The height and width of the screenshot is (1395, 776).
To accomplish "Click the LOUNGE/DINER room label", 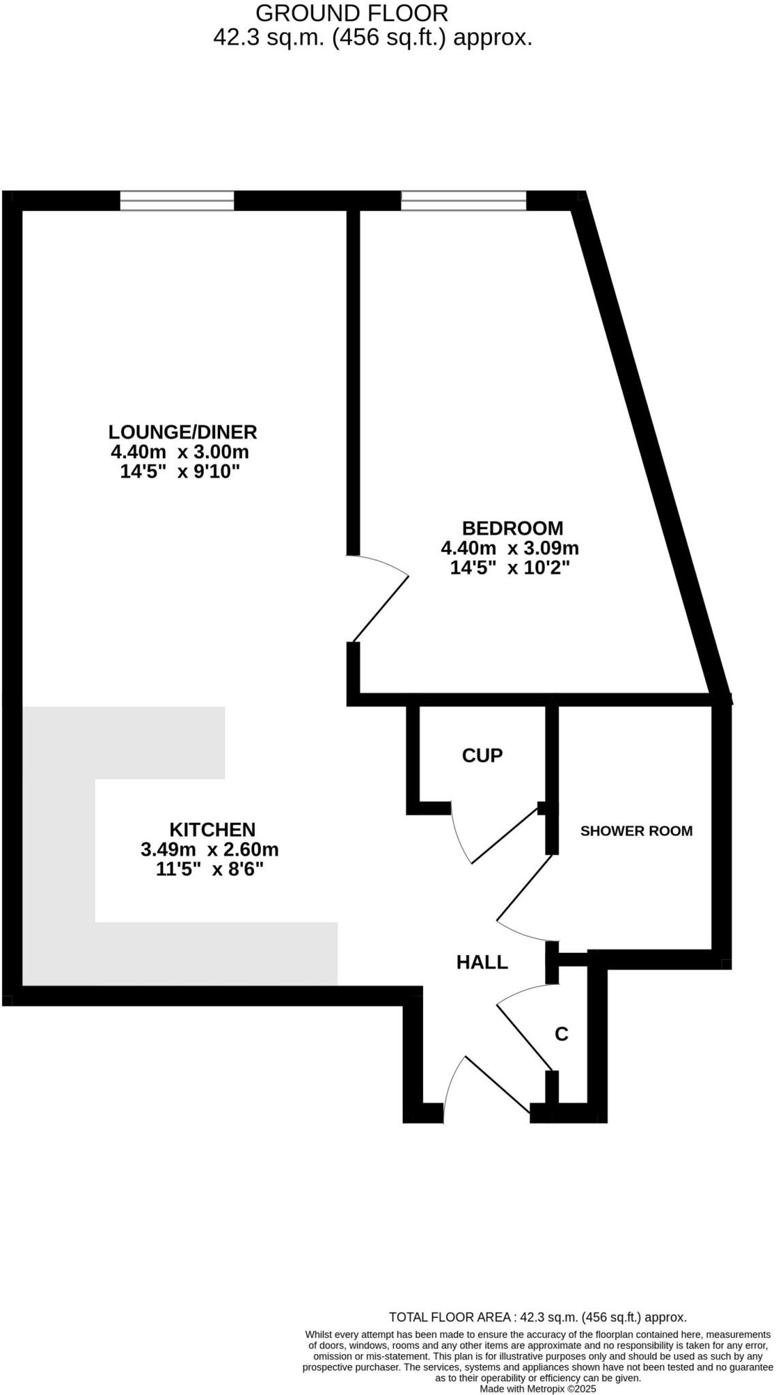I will point(183,432).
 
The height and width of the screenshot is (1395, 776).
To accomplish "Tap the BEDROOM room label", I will point(512,528).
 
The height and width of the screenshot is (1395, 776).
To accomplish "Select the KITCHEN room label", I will point(212,830).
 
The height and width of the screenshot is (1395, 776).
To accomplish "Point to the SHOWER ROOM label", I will point(636,831).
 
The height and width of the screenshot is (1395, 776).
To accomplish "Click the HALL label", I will point(482,962).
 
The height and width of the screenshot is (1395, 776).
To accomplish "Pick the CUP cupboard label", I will point(482,755).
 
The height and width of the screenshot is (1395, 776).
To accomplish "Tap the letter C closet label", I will point(561,1034).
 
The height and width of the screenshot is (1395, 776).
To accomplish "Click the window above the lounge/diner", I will point(177,201).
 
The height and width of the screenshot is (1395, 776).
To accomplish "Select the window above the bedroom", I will point(463,201).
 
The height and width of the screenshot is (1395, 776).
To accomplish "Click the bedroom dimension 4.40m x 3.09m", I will point(510,548).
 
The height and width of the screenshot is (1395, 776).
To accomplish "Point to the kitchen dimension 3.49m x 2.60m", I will point(209,849).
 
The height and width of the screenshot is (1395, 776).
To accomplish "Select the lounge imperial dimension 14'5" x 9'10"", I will point(180,471).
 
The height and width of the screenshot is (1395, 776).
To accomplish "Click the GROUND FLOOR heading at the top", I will point(352,13).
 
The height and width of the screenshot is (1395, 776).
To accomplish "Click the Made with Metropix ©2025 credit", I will point(538,1388).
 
